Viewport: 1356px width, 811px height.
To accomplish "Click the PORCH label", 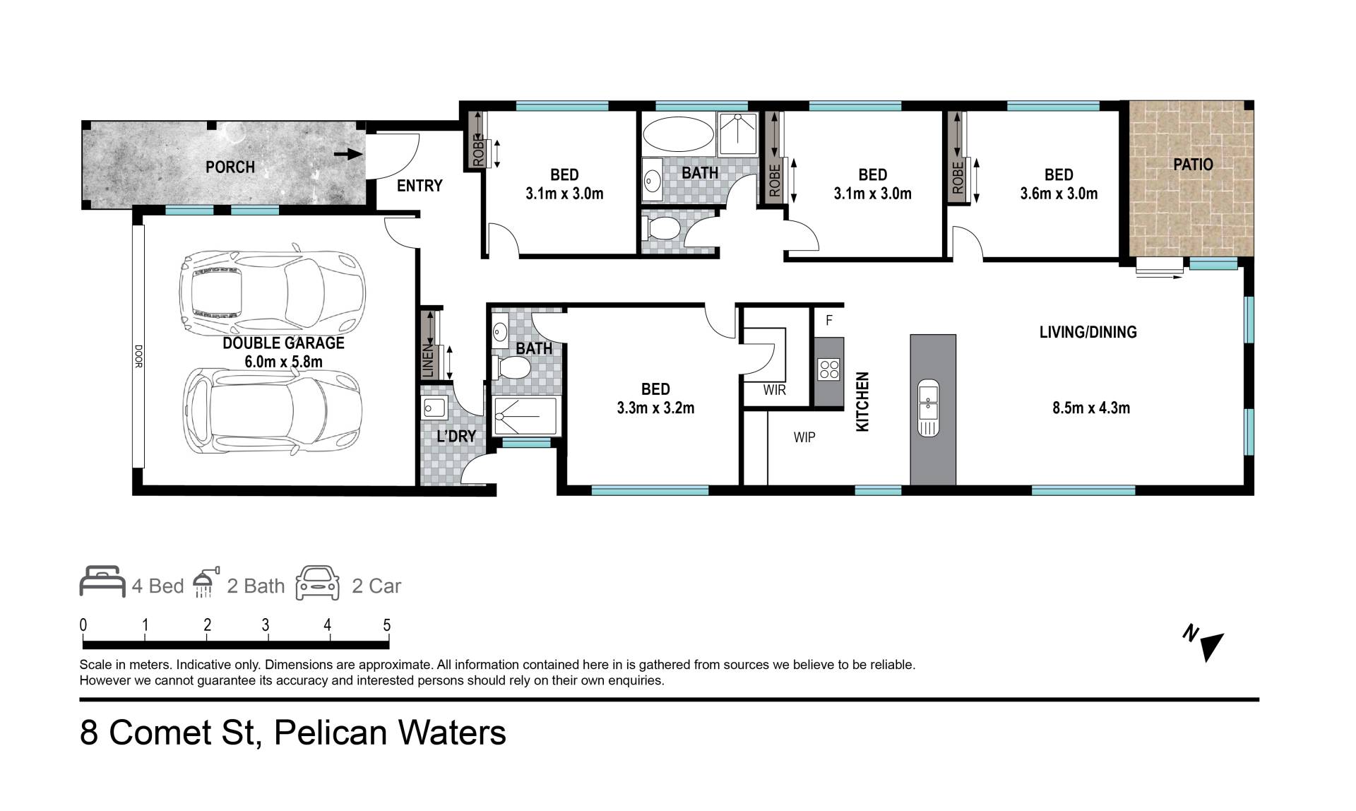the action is click(x=230, y=167).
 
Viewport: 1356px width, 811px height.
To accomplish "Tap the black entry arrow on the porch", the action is click(x=348, y=153).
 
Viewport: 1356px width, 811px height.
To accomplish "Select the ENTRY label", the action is click(x=420, y=186).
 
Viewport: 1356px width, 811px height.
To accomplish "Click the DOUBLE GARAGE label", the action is click(x=283, y=343).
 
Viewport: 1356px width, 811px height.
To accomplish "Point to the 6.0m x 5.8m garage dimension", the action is click(x=283, y=362).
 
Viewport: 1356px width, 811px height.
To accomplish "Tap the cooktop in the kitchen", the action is click(x=829, y=369).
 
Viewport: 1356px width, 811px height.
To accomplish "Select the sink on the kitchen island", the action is click(x=929, y=409).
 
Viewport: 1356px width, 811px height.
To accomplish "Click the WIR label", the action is click(x=775, y=390).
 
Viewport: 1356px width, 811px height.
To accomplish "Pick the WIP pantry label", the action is click(x=804, y=437).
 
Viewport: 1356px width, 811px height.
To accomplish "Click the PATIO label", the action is click(x=1193, y=165).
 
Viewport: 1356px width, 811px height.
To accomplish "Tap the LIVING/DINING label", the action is click(x=1088, y=332).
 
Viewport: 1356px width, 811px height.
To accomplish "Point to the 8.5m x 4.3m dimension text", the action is click(x=1091, y=408).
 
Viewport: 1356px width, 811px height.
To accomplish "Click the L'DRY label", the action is click(x=456, y=436).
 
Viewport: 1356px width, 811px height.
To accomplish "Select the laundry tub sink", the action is click(x=433, y=408).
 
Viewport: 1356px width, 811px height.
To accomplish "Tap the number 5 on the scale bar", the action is click(x=386, y=625).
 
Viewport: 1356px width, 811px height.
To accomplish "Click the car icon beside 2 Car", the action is click(x=317, y=583).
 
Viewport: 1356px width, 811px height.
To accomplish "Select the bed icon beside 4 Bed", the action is click(x=102, y=581).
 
